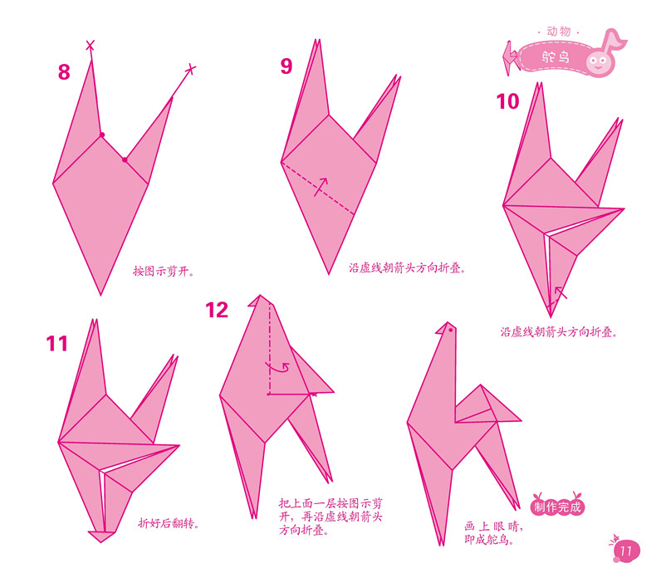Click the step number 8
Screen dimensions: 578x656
[x=64, y=72]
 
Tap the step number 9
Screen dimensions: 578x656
[x=286, y=66]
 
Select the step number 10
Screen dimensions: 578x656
[x=507, y=101]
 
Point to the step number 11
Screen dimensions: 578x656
[x=57, y=343]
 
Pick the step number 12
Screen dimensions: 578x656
[x=217, y=311]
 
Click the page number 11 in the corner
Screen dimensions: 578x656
[x=624, y=552]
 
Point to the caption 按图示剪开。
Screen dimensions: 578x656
[x=169, y=271]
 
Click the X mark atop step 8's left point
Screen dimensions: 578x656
[x=90, y=46]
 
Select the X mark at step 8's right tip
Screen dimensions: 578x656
[x=191, y=68]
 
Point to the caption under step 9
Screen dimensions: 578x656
[x=406, y=268]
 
